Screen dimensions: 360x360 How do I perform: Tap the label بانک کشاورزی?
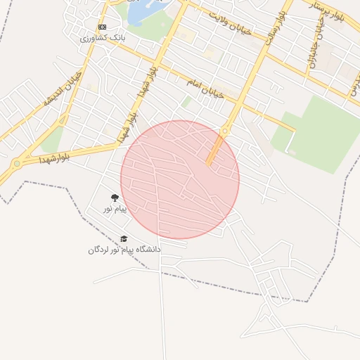[x=103, y=38]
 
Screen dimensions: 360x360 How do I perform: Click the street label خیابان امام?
[x=205, y=87]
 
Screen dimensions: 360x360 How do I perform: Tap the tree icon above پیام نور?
[x=115, y=199]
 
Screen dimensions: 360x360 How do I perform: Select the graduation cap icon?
[x=124, y=239]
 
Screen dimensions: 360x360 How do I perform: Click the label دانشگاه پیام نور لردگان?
[x=124, y=250]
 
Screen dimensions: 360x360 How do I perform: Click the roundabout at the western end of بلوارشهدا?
[x=16, y=165]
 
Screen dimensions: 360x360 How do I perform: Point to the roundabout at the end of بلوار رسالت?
[x=225, y=130]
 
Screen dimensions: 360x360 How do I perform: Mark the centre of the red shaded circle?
[x=180, y=179]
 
